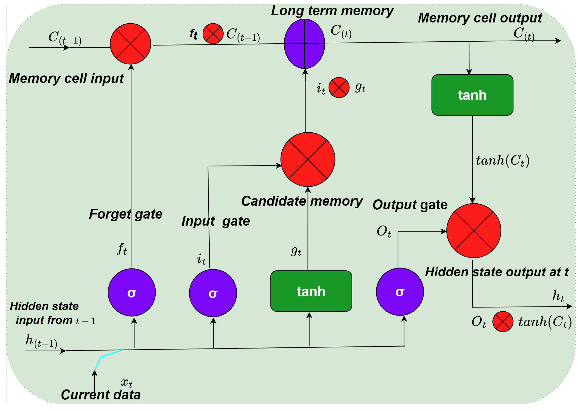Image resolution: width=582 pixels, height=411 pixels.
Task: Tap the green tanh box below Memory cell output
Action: (x=472, y=95)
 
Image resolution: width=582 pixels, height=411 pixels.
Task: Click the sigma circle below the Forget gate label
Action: (x=132, y=292)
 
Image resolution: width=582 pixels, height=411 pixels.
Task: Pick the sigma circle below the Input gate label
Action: (x=213, y=293)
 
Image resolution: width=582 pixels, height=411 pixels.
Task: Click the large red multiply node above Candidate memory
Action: (x=308, y=159)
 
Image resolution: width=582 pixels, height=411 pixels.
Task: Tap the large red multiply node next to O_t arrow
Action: (x=473, y=231)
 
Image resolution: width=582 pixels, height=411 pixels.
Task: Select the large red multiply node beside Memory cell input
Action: (x=130, y=44)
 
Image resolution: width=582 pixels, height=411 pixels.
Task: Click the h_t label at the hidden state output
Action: (x=558, y=296)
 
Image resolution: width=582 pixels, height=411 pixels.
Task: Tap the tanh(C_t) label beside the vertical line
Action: (x=502, y=160)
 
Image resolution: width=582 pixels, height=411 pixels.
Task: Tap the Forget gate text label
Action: (x=126, y=214)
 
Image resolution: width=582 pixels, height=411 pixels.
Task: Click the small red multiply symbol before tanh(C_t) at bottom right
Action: (x=503, y=322)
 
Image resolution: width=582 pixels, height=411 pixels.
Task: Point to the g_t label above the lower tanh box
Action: (x=296, y=251)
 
